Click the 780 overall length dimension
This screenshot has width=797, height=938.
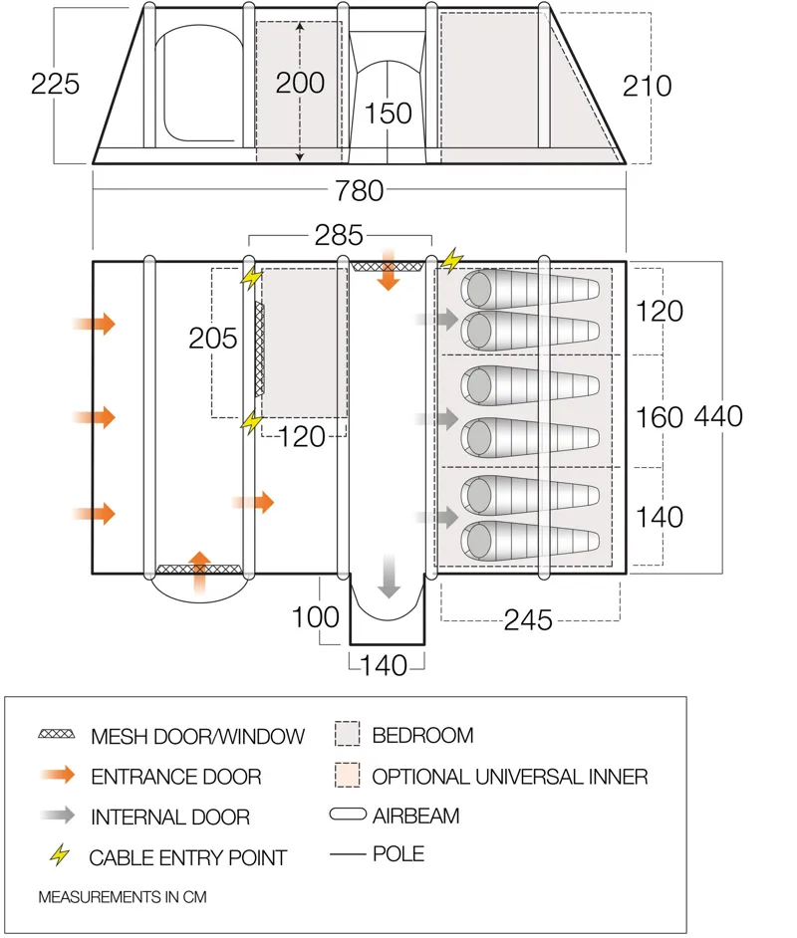click(360, 190)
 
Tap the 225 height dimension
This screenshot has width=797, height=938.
click(55, 85)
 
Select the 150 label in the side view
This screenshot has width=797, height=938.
click(389, 113)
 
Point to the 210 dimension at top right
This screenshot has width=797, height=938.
click(647, 87)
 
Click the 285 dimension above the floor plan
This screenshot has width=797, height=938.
click(339, 236)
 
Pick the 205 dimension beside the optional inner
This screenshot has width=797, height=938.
click(213, 339)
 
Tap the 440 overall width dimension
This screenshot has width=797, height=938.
click(718, 415)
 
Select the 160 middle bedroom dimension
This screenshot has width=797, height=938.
click(660, 416)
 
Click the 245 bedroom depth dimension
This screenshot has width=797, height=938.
click(528, 619)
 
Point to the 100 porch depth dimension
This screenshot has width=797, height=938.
click(317, 617)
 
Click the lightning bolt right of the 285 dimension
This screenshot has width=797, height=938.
click(452, 261)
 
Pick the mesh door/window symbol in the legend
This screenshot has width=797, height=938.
click(56, 736)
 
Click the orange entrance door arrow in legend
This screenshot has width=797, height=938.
click(56, 776)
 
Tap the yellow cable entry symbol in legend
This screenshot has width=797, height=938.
click(61, 855)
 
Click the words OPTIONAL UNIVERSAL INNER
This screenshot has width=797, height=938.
click(509, 776)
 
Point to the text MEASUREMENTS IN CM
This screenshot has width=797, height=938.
click(122, 896)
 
